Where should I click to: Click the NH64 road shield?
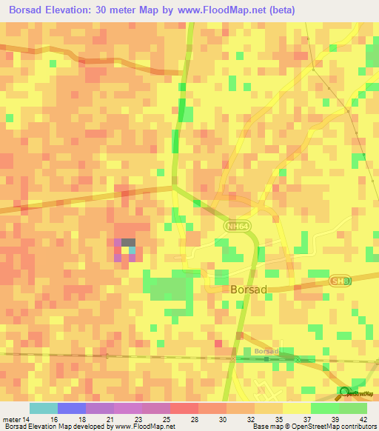point(236,224)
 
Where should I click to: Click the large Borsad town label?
point(245,292)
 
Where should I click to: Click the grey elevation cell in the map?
point(128,242)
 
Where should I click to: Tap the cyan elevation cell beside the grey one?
point(132,250)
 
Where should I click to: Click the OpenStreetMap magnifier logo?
point(343,392)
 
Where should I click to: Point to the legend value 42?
point(363,418)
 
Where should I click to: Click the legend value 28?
point(194,418)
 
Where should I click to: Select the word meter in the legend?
point(13,418)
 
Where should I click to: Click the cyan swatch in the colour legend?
point(44,408)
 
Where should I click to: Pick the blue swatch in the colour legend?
point(72,408)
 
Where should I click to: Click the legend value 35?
point(278,418)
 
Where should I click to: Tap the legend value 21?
point(110,418)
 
